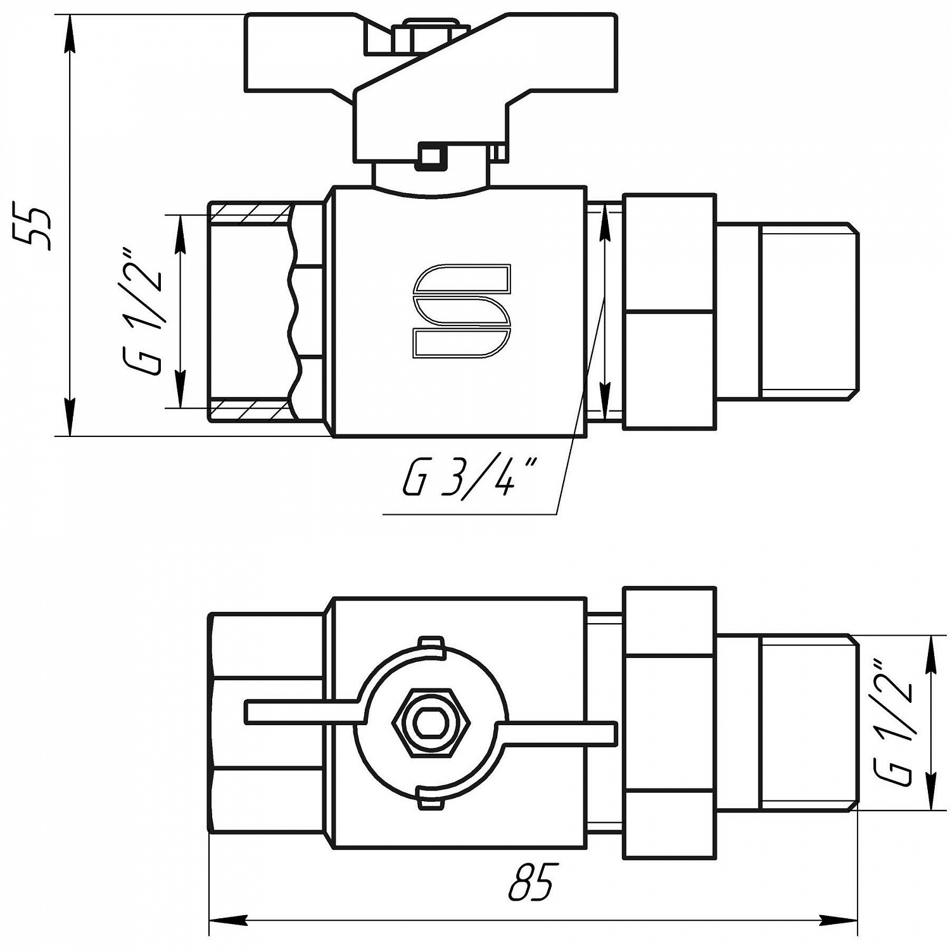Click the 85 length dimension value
[x=531, y=881]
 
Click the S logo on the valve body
[x=462, y=312]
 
